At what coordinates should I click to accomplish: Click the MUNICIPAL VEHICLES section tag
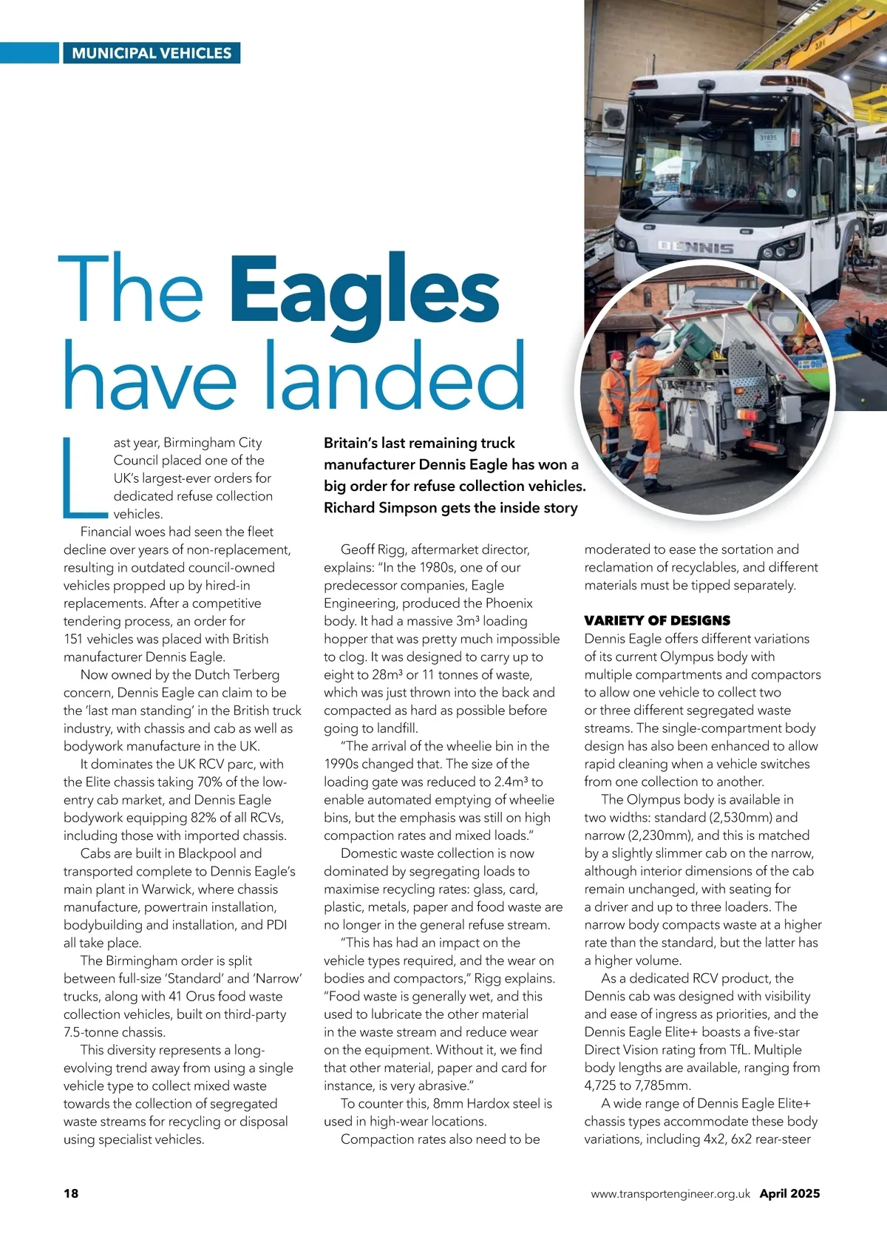point(152,53)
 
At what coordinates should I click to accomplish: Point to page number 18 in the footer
point(71,1193)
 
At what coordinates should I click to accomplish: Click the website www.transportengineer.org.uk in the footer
point(670,1193)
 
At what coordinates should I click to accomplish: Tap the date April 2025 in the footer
point(789,1193)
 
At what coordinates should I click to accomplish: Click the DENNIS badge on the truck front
point(696,248)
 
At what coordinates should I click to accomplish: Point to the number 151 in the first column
point(75,639)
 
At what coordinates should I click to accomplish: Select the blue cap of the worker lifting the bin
point(647,342)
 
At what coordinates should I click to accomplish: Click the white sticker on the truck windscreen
point(769,138)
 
